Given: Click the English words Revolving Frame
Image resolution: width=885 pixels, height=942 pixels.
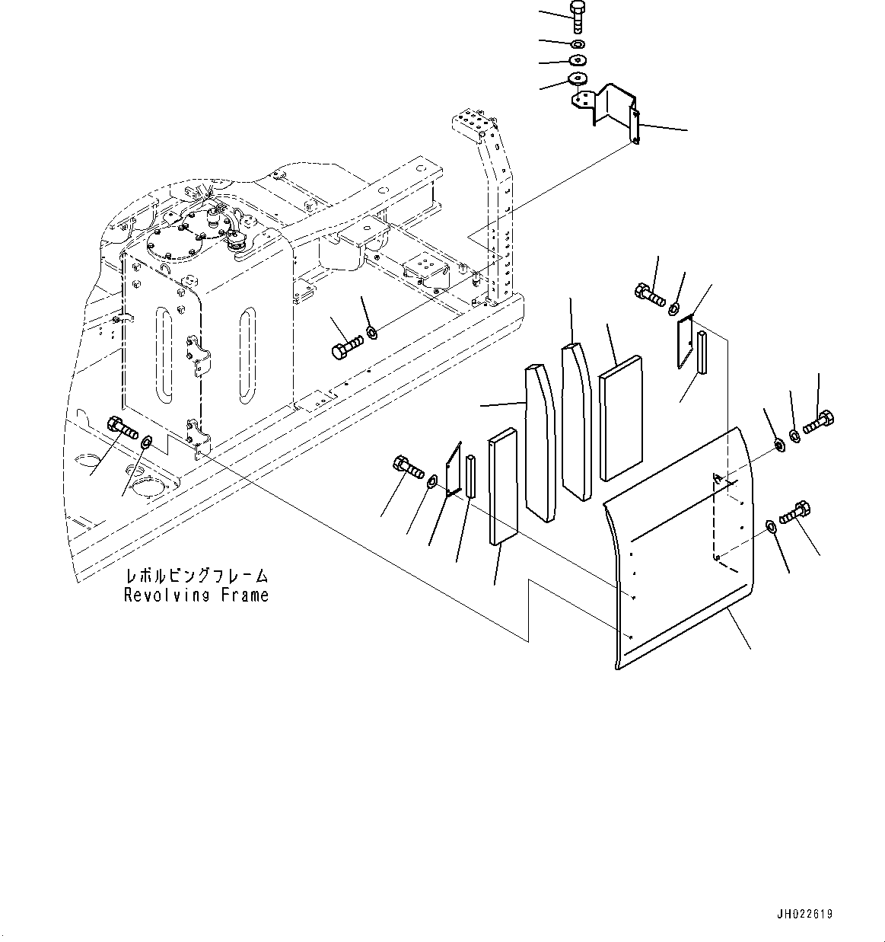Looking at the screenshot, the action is (196, 595).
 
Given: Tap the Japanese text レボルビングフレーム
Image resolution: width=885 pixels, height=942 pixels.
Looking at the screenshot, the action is (196, 576).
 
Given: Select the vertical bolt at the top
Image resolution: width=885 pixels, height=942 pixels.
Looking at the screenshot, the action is (578, 17).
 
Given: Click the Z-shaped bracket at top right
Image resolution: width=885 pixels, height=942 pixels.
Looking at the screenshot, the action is (606, 111).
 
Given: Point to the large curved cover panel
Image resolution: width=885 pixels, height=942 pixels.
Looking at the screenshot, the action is (678, 548).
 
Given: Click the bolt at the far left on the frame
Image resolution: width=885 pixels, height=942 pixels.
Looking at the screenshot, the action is (123, 427).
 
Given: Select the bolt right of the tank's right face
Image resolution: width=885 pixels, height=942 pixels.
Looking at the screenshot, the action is (347, 348).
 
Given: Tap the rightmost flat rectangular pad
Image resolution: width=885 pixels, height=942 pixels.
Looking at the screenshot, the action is (620, 418).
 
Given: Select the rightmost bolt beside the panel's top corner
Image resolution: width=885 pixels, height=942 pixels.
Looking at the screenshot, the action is (819, 421).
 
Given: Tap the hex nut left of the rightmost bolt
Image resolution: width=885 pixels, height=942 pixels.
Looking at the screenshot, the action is (778, 445).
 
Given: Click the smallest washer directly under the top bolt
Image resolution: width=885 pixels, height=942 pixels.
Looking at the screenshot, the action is (578, 45).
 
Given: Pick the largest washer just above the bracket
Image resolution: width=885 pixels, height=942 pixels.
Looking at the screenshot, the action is (577, 78).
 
